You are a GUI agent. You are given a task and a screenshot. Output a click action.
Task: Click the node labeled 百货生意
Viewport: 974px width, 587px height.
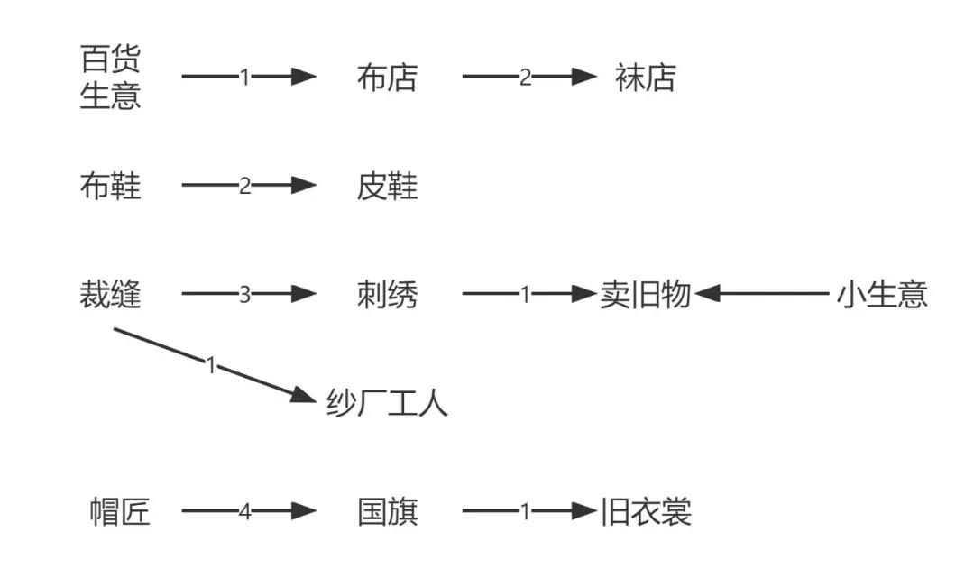click(111, 78)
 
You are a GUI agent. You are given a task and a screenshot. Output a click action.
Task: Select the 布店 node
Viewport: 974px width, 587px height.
click(387, 78)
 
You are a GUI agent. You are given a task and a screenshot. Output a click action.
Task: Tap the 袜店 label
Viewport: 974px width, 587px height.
click(645, 78)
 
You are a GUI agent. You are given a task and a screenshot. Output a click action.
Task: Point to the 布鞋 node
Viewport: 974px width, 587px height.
click(111, 187)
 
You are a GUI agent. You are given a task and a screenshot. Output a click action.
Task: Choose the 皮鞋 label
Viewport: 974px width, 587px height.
click(387, 187)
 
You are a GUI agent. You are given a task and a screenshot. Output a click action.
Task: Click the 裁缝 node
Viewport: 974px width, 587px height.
click(111, 295)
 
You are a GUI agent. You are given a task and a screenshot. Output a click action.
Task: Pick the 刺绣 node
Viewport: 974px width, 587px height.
click(387, 295)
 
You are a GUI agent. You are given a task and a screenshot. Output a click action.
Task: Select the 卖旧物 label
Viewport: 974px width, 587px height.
click(645, 295)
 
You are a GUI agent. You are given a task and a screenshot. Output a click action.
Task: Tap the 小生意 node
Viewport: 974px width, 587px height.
click(882, 295)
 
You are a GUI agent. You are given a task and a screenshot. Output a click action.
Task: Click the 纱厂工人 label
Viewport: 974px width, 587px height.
click(387, 403)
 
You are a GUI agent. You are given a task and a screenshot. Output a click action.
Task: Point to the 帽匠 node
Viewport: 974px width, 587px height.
click(120, 512)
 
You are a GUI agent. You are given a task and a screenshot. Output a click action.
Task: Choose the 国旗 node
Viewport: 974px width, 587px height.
click(387, 512)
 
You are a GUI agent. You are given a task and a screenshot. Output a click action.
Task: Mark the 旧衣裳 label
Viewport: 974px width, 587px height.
click(647, 512)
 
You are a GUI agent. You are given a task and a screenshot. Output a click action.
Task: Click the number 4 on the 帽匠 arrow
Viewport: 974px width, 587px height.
click(244, 512)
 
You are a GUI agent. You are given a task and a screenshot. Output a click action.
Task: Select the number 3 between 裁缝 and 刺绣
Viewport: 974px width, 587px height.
click(244, 295)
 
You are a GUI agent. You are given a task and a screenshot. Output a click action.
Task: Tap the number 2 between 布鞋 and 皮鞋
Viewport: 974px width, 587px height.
click(244, 187)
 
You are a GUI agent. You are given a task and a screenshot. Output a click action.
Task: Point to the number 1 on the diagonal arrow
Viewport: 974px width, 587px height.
click(211, 365)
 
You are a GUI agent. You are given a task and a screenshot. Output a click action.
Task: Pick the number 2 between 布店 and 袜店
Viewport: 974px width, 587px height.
click(525, 78)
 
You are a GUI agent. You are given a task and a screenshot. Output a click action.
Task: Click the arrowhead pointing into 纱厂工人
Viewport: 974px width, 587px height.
click(307, 395)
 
